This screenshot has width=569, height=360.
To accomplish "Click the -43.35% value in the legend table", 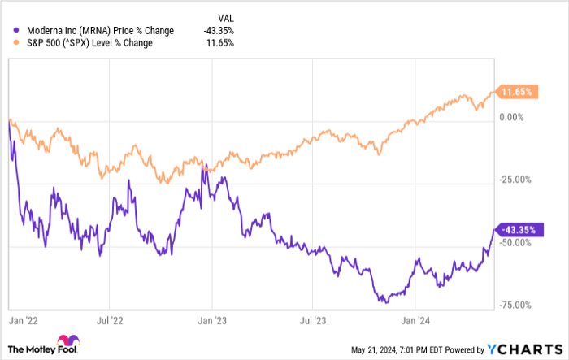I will coord(219,31).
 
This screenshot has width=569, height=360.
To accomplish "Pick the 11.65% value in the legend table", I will coord(222,42).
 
